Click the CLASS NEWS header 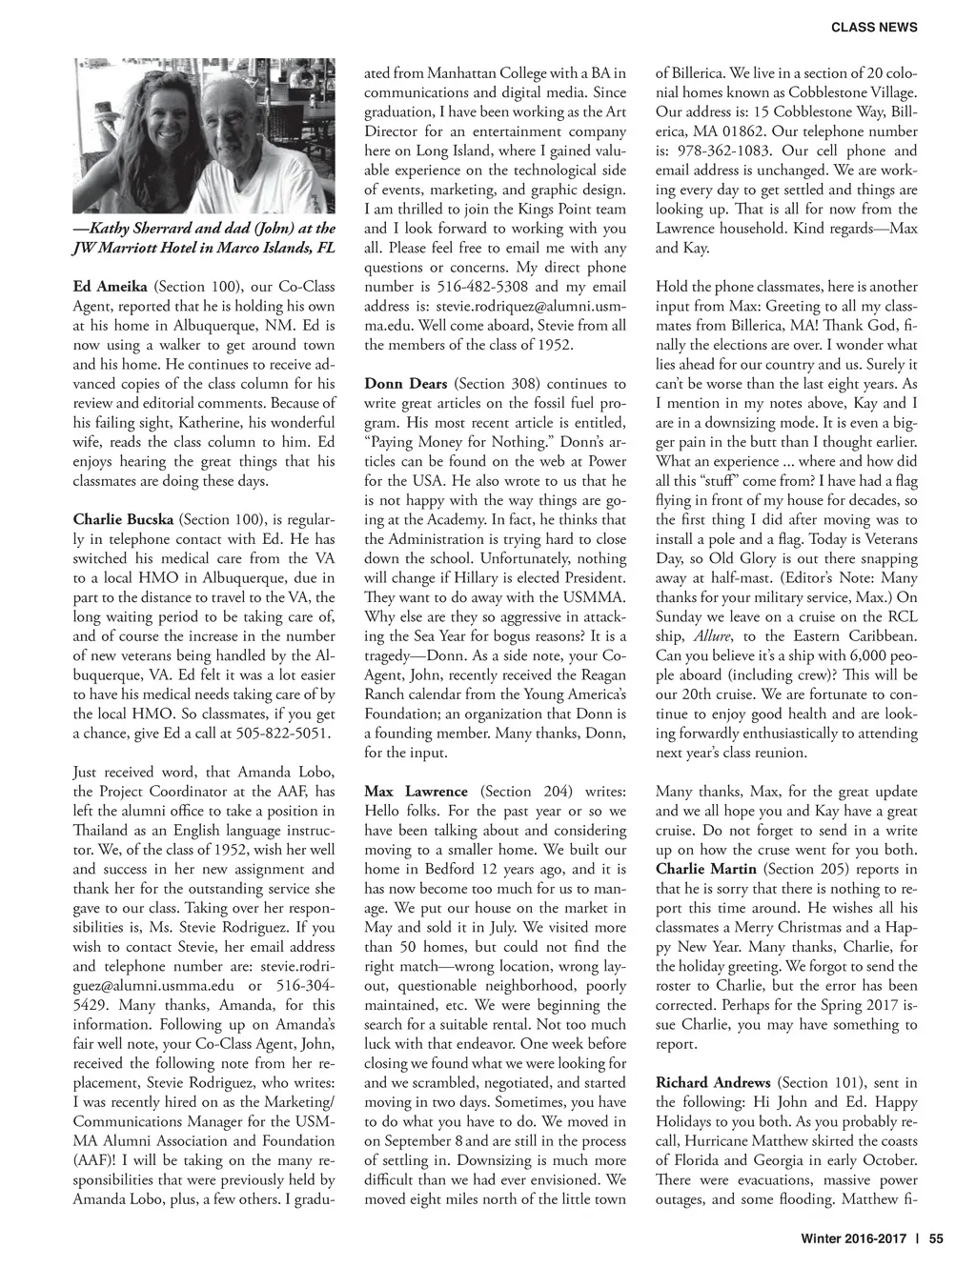tap(874, 28)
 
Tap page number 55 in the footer tap(935, 1239)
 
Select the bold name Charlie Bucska tap(123, 519)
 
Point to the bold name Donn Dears tap(406, 384)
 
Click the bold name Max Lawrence tap(417, 792)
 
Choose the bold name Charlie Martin tap(706, 869)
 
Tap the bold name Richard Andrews tap(713, 1083)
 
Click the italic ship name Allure tap(711, 636)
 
